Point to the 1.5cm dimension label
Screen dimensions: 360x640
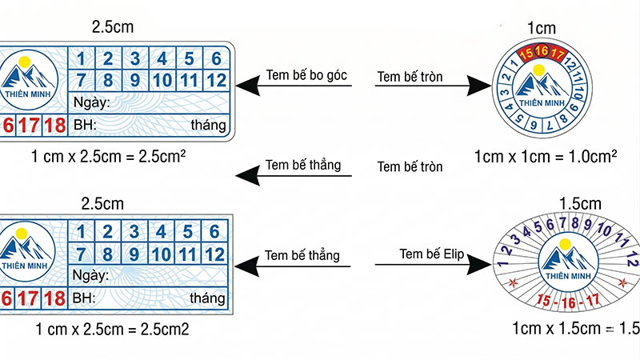(x=558, y=203)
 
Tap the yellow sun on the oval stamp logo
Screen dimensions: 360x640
(x=565, y=243)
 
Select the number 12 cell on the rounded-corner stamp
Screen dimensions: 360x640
(x=214, y=80)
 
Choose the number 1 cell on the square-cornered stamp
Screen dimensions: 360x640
(x=82, y=232)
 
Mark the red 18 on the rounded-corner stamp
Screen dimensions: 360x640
(x=54, y=126)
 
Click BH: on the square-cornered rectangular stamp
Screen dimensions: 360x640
(x=84, y=298)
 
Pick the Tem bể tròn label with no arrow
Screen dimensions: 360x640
(x=410, y=166)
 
